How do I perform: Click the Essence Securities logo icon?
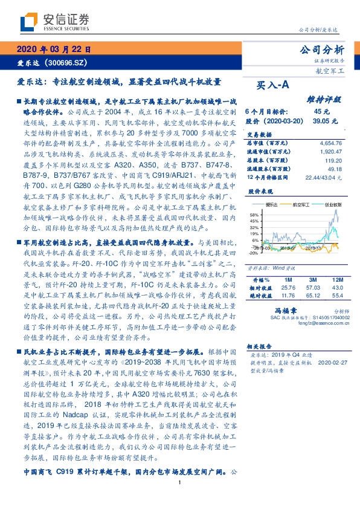[x=29, y=23]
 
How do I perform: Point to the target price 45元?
[x=322, y=112]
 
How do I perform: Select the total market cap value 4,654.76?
[x=330, y=143]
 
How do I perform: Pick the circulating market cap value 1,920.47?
[x=330, y=152]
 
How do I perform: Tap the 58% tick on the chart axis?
[x=253, y=214]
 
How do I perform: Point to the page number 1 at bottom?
[x=180, y=500]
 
